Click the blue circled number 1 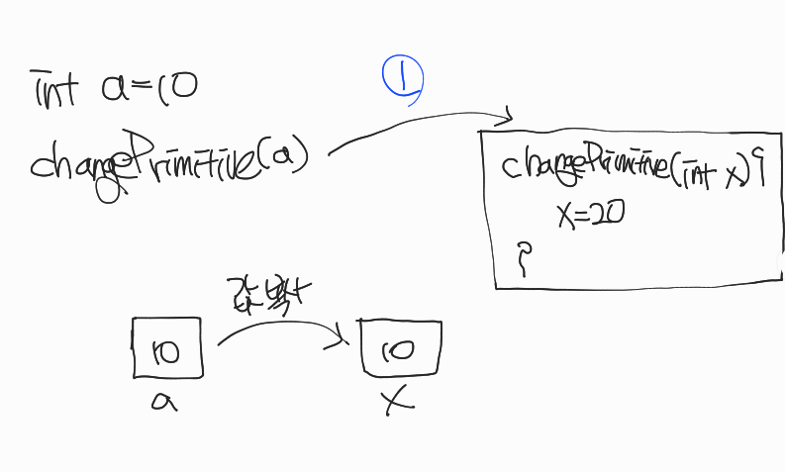coord(403,79)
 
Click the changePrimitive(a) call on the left coord(168,158)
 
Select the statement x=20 coord(590,214)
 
